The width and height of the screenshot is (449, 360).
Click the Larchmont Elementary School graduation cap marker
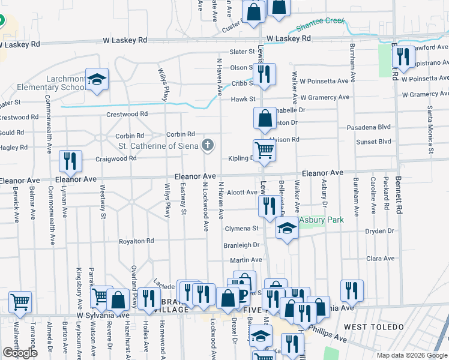pos(96,79)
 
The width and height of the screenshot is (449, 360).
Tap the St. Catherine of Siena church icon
pos(208,144)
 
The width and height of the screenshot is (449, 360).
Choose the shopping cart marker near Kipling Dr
pos(264,150)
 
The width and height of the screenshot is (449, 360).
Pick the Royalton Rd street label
pos(137,241)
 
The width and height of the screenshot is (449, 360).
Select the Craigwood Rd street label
pos(116,159)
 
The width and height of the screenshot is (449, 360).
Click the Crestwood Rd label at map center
pos(127,114)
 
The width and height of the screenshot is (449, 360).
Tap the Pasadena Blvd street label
pos(369,128)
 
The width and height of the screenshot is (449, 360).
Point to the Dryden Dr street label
pos(380,231)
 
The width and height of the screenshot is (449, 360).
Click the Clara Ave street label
pos(381,259)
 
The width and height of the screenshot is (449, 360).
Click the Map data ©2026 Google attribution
pos(412,355)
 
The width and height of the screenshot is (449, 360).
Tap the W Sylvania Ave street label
pos(103,315)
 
